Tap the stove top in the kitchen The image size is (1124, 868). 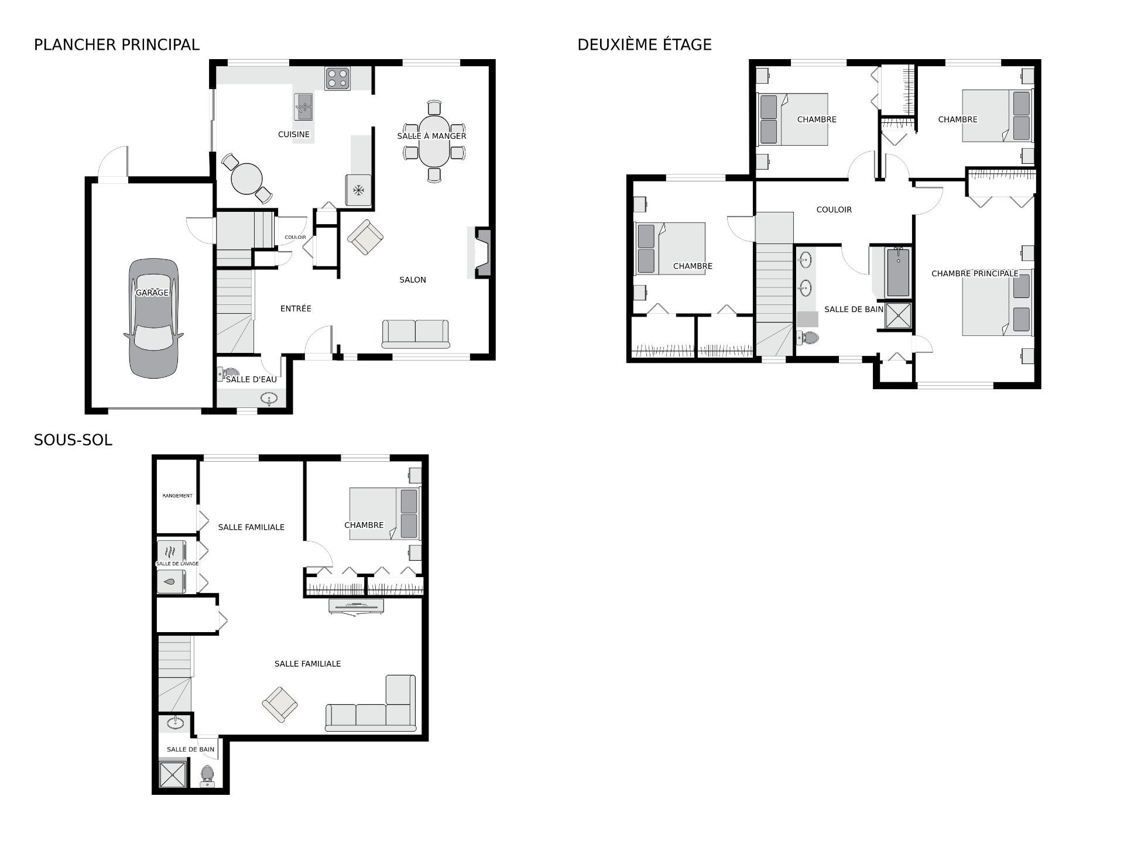338,78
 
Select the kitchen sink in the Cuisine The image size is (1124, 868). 303,107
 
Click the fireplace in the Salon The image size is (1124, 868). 482,252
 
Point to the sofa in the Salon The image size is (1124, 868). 416,334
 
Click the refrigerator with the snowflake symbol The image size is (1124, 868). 358,190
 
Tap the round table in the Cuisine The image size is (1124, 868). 246,179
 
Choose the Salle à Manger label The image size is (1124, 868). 431,136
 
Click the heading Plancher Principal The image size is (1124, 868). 116,44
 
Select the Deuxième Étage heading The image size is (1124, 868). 645,44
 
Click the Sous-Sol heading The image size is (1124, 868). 73,440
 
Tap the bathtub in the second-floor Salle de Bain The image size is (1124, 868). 898,272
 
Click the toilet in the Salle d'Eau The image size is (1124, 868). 228,373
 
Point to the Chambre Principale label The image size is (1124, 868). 975,273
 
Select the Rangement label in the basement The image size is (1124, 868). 177,496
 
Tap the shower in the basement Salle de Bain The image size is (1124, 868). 174,773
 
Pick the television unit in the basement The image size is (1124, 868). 357,606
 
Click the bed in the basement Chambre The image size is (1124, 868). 385,513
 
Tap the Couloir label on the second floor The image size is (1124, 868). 834,210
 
